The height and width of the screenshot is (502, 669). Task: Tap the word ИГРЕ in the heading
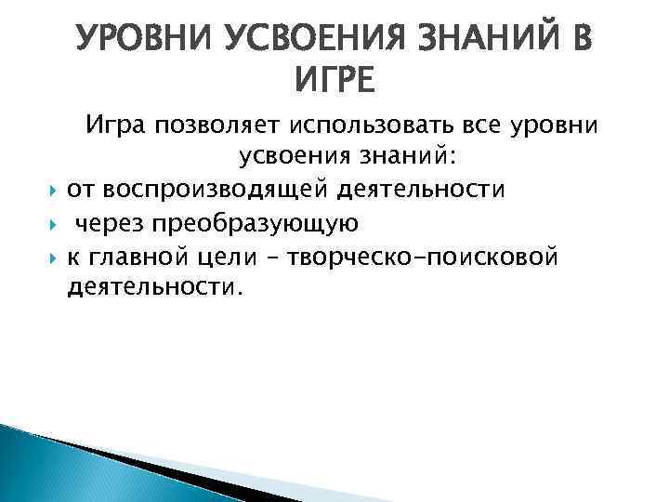pos(334,81)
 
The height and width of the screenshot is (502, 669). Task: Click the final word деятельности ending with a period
pos(153,289)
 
